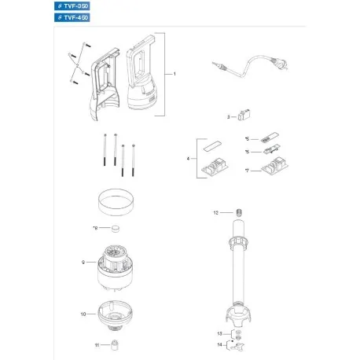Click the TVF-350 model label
coord(73,6)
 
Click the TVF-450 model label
coord(73,18)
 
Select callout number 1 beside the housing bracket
coord(175,73)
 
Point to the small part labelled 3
coord(243,116)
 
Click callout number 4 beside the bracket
coord(187,159)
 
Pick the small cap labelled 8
coord(116,229)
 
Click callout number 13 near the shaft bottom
coord(219,334)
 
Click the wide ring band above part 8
coord(116,208)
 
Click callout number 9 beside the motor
coord(82,261)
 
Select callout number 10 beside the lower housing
coord(82,314)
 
